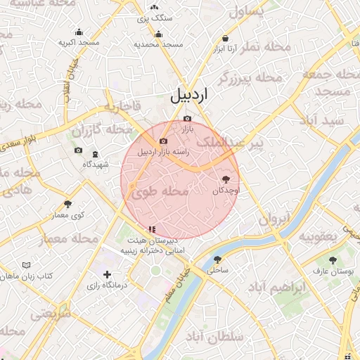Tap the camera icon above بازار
click(x=186, y=119)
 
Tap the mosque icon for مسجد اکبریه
click(x=78, y=32)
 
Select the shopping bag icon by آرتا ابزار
click(x=225, y=38)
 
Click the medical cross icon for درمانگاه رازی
click(x=107, y=274)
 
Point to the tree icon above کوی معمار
click(x=67, y=204)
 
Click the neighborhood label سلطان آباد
click(x=210, y=339)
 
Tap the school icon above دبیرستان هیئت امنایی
click(x=151, y=229)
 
